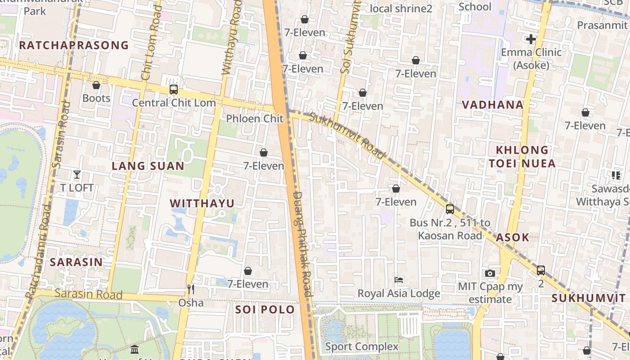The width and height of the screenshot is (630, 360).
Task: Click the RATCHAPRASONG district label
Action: click(74, 45)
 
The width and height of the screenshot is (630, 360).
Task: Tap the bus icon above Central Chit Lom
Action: click(174, 90)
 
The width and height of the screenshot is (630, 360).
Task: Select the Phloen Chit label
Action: click(255, 119)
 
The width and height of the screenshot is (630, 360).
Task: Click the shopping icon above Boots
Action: click(96, 85)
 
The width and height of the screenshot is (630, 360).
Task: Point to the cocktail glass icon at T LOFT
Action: click(77, 175)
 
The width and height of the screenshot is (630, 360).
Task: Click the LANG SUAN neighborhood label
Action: click(148, 166)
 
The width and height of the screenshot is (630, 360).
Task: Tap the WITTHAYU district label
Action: click(202, 203)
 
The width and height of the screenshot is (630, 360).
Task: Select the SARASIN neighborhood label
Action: click(76, 262)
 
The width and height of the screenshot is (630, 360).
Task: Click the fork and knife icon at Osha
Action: click(191, 289)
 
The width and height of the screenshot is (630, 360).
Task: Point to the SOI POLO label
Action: click(265, 310)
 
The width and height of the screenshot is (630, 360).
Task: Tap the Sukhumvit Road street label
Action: click(348, 135)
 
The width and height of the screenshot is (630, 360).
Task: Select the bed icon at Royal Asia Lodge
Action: click(399, 280)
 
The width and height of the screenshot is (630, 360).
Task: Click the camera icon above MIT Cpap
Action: click(490, 273)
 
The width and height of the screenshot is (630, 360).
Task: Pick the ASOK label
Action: click(513, 238)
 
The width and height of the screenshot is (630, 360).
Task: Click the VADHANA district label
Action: click(493, 105)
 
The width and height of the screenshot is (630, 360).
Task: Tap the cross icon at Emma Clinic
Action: click(531, 39)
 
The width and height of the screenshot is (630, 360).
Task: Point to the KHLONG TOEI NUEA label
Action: click(522, 157)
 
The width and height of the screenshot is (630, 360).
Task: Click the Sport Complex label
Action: click(362, 346)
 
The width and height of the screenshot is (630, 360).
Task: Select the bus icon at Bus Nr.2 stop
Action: click(450, 209)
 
